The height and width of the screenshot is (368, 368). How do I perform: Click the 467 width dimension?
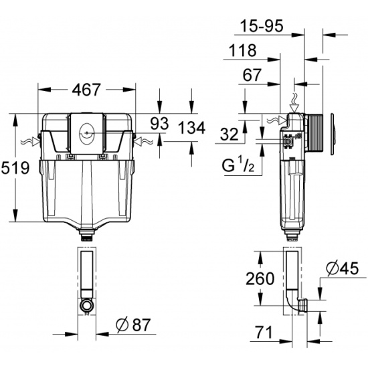pos(86,90)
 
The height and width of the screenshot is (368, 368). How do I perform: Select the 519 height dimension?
pos(15,168)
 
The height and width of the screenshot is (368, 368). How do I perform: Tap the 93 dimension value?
pos(159,124)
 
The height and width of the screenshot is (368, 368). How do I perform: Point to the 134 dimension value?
pos(191,128)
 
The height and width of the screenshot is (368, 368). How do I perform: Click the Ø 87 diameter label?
pos(133,325)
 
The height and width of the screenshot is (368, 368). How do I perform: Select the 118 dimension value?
pos(242,50)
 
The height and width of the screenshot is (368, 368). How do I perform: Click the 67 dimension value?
pos(252,75)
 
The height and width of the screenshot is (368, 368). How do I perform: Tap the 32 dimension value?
pos(229,134)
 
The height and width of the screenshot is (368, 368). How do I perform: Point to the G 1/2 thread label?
pos(238,165)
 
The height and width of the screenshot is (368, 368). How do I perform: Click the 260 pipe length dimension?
pos(260,278)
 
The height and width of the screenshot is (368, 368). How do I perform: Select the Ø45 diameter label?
pos(343,268)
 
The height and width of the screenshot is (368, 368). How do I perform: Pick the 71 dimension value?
pos(264,332)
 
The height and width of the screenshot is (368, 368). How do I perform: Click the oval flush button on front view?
pos(87,133)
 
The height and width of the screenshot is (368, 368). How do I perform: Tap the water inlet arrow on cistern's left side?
pos(30,142)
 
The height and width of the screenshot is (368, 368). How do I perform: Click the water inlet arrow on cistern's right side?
pos(144,141)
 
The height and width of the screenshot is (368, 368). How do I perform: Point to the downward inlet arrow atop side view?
pos(294,103)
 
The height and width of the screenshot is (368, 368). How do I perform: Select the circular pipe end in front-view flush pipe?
pos(87,305)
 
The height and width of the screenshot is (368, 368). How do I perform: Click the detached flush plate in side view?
pos(333,134)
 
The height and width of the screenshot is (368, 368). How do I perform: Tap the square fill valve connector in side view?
pos(288,142)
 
